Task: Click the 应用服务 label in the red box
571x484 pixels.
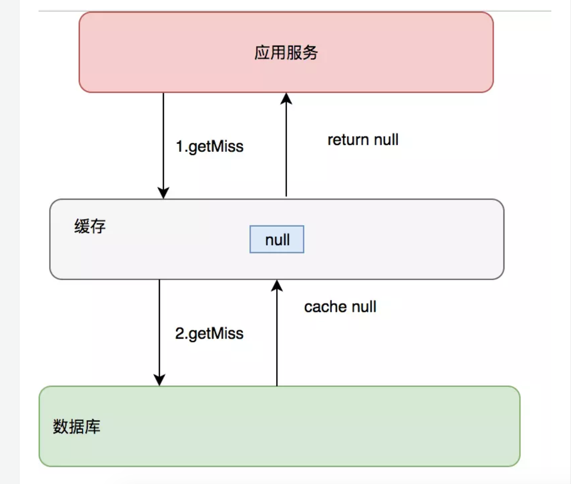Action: (286, 53)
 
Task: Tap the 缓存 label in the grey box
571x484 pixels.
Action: (90, 227)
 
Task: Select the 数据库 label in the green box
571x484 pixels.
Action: (77, 427)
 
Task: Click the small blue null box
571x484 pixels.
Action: (277, 239)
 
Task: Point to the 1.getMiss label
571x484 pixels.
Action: (209, 146)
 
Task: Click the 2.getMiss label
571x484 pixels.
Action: (209, 333)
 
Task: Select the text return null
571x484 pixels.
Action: (363, 140)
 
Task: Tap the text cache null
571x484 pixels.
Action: (340, 307)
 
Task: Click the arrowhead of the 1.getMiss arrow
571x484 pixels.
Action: (163, 193)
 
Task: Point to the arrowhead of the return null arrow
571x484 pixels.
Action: (286, 98)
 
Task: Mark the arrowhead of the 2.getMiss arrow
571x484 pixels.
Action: (159, 380)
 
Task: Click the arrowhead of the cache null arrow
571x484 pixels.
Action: (277, 286)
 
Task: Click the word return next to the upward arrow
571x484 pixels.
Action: (348, 140)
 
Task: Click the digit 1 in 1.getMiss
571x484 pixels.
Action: (179, 146)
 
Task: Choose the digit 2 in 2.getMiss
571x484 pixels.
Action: (180, 333)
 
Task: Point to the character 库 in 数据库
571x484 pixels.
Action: (93, 427)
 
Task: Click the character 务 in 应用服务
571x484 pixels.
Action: (310, 53)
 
